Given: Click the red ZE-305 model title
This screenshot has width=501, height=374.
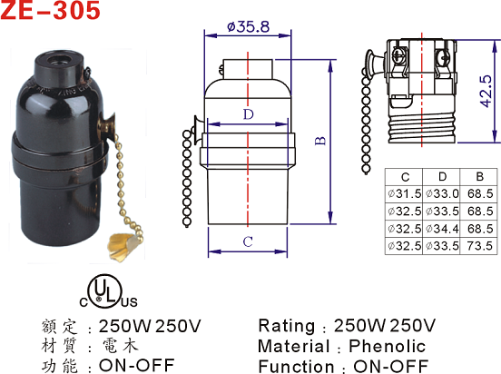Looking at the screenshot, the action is point(50,10).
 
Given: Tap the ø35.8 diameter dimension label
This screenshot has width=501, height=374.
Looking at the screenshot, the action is point(248,27).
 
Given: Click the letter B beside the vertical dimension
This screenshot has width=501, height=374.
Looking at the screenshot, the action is point(320,141).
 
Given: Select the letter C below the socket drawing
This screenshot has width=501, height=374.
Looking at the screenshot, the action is point(248,241).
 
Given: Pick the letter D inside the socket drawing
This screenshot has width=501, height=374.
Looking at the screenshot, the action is point(249,114).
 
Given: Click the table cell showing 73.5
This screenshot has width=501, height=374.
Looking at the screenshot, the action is point(479,246).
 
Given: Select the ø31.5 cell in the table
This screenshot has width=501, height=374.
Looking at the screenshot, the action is point(404,193).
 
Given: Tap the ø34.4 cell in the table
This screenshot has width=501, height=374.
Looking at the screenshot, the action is point(442,229).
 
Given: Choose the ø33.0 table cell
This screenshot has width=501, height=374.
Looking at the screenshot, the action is point(442,193).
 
